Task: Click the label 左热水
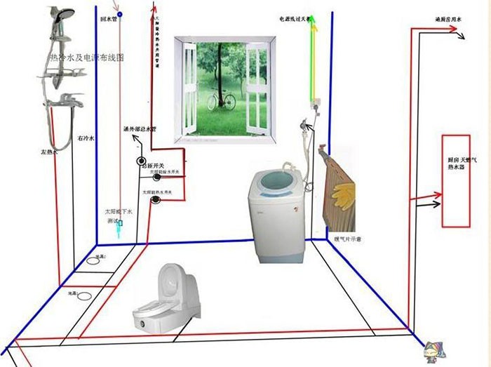(x=48, y=151)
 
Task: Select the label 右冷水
(x=85, y=139)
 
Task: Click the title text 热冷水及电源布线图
(x=86, y=59)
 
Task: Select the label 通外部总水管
(x=140, y=130)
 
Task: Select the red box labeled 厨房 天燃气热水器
(x=455, y=180)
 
